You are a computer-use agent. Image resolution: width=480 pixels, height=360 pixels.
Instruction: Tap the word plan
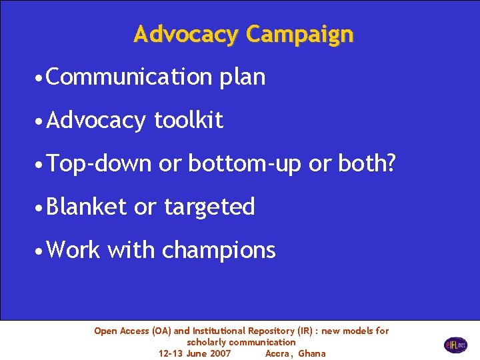241,77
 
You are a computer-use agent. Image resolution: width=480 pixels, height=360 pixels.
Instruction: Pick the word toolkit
189,120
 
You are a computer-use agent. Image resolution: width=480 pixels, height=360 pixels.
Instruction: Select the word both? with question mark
362,163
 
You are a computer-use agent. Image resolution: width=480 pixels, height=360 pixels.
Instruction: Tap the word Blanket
87,207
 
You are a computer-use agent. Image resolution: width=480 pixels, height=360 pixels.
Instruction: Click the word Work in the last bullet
73,250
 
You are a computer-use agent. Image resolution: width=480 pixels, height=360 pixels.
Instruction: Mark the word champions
219,251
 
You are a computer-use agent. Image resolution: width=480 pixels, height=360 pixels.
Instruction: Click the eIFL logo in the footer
455,345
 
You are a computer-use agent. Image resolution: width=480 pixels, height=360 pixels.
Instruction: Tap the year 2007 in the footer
221,353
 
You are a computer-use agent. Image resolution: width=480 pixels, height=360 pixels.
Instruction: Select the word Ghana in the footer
312,353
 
